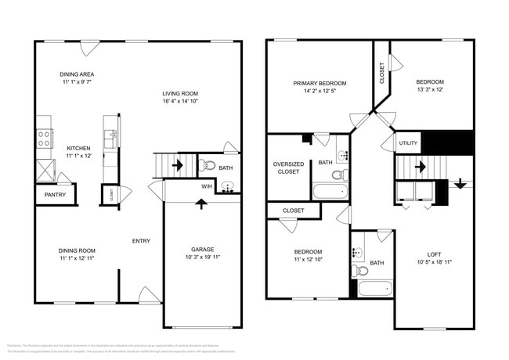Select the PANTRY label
(x=55, y=195)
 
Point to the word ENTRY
(x=142, y=241)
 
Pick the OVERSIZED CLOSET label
(x=288, y=167)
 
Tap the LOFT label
(x=434, y=254)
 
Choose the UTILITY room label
(x=409, y=143)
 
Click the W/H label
(x=207, y=186)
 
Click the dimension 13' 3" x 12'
(x=430, y=89)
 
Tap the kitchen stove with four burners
(x=45, y=139)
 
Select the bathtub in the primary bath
(x=329, y=192)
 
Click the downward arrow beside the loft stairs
(x=460, y=185)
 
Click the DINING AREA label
(x=77, y=74)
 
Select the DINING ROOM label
(x=77, y=250)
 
